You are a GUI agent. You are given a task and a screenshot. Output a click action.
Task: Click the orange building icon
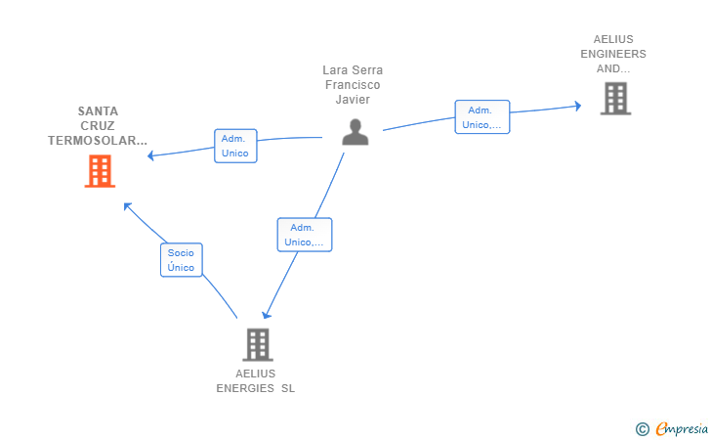tap(100, 171)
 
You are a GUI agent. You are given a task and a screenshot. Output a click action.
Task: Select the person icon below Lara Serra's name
tap(355, 132)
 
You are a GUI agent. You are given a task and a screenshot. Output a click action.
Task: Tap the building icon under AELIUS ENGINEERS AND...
tap(615, 99)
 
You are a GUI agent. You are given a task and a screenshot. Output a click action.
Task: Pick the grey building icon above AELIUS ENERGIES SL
tap(258, 344)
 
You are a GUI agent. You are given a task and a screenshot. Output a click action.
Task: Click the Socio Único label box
tap(182, 260)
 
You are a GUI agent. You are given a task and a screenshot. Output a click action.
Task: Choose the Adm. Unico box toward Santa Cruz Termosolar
tap(235, 146)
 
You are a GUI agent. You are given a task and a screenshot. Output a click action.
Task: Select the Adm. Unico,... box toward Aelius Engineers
tap(482, 117)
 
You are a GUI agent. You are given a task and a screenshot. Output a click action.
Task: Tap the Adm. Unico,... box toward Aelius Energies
tap(305, 235)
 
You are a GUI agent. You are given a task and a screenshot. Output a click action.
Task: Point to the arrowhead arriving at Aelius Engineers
tap(578, 107)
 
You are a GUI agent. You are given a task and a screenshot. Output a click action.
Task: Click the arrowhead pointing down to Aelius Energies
tap(267, 314)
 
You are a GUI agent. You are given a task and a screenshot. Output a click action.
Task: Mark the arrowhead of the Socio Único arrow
tap(127, 206)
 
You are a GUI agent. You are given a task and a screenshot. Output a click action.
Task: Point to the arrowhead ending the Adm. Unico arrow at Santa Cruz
tap(150, 155)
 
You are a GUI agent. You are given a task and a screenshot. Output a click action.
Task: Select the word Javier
tap(353, 100)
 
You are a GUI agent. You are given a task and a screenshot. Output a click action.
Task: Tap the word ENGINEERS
tap(613, 54)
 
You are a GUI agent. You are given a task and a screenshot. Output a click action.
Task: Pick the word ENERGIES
tap(245, 389)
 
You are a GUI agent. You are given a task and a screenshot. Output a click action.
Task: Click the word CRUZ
tap(98, 126)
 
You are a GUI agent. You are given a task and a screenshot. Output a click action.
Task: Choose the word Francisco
tap(353, 85)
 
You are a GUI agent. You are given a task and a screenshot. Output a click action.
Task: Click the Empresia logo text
tap(682, 428)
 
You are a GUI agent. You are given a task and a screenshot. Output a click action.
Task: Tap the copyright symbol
tap(643, 429)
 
